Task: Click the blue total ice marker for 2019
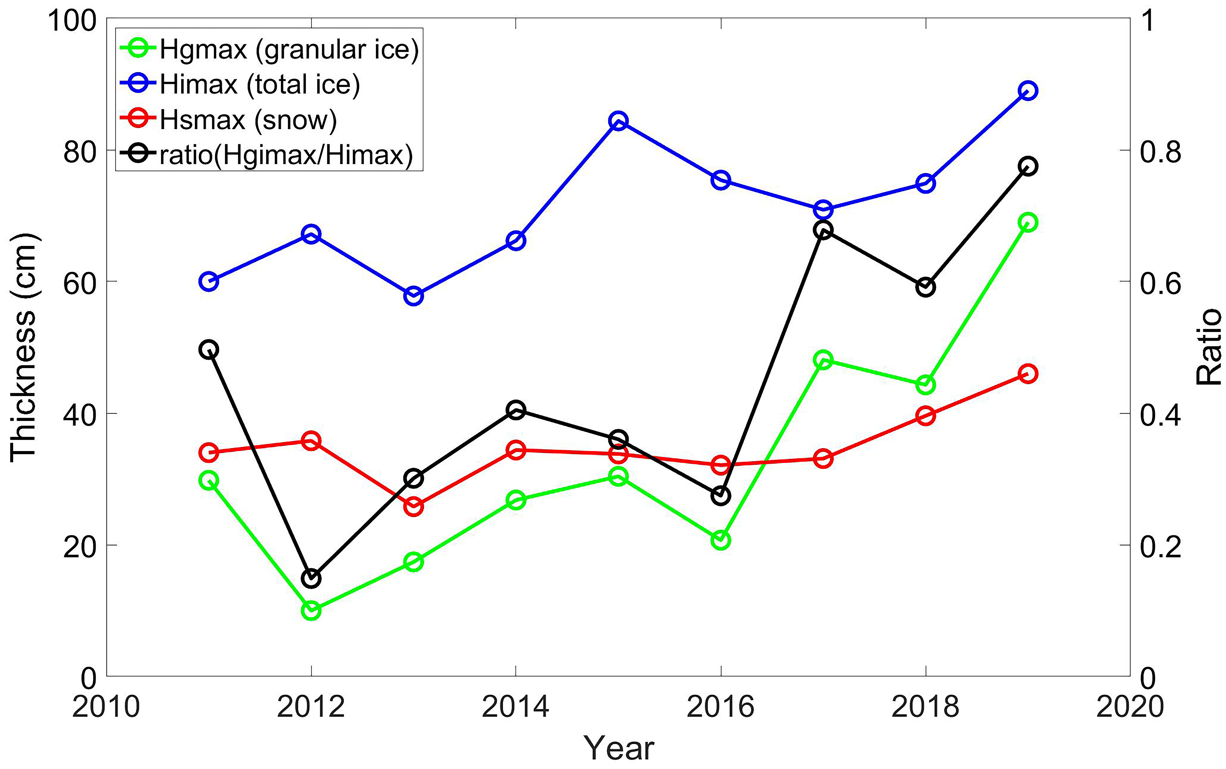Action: click(1027, 91)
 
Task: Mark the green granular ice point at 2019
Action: click(1027, 222)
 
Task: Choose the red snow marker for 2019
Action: click(1027, 374)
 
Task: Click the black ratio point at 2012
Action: click(311, 578)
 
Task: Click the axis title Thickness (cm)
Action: click(24, 347)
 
